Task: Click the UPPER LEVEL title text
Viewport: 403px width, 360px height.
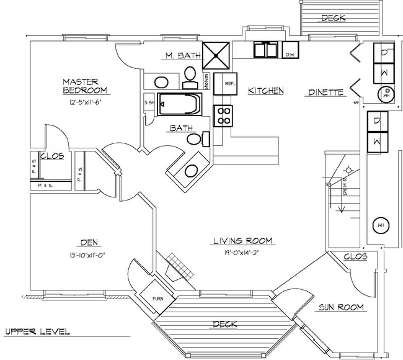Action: [x=37, y=331]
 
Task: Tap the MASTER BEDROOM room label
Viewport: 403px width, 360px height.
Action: [x=85, y=86]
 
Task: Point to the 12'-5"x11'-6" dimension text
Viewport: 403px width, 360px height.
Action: [x=85, y=102]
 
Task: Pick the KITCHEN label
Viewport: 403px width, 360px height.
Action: [x=265, y=91]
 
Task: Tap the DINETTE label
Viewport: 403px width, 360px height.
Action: [x=326, y=92]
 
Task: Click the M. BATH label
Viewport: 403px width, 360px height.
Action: [x=182, y=56]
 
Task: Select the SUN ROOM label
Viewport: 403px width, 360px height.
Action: [x=341, y=307]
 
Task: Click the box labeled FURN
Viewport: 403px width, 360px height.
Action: [x=159, y=299]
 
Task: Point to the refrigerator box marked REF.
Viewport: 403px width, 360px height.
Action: [x=228, y=83]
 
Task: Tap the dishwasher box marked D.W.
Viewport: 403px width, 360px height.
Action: [x=290, y=51]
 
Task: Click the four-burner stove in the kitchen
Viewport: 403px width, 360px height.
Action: [x=223, y=115]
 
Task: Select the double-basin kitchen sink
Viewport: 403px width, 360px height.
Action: [x=266, y=50]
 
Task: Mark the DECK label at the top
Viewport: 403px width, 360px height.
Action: [x=334, y=18]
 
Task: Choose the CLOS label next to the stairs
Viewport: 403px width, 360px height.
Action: [x=355, y=256]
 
